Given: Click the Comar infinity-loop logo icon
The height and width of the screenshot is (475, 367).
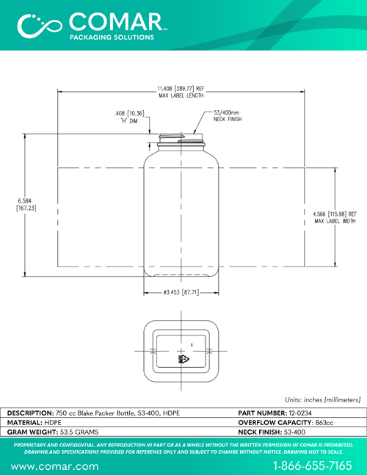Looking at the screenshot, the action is click(39, 26).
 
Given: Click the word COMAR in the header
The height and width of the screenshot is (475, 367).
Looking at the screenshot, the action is click(117, 22).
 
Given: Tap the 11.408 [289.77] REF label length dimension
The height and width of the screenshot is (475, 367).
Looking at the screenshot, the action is click(181, 92).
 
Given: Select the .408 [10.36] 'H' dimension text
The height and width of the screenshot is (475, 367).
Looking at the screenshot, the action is click(129, 117).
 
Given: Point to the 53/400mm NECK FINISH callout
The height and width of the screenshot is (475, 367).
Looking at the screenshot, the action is click(228, 116).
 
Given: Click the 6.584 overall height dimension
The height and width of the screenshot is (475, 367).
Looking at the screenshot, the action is click(26, 205).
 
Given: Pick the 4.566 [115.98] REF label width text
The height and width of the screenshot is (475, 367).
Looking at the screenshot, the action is click(335, 217).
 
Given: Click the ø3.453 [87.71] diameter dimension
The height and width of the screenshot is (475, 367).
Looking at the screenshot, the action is click(181, 292).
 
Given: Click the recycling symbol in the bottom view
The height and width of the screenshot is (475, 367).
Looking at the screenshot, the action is click(183, 359).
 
